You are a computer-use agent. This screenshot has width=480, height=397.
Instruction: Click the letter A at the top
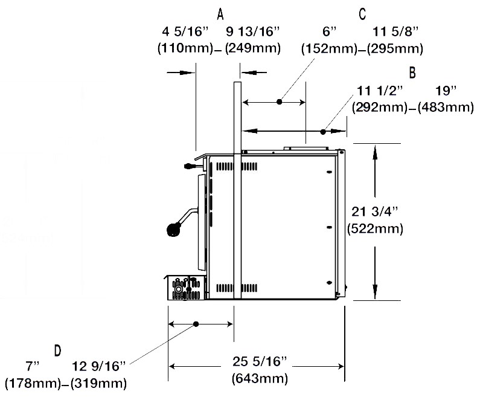220,14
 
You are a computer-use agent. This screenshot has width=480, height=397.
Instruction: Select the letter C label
362,14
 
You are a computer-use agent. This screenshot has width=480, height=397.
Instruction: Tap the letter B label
412,73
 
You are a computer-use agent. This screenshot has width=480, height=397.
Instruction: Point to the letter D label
57,350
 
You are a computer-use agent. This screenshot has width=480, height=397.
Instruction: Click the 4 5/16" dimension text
185,31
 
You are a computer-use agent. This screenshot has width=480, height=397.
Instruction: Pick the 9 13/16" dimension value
253,31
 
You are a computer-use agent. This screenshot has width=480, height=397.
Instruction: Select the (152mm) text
330,49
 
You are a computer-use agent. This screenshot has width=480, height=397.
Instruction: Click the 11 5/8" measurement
395,31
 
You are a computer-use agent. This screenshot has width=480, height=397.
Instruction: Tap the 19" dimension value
446,91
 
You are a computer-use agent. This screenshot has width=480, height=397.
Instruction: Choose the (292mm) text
380,108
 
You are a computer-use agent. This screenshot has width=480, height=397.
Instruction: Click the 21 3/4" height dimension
374,211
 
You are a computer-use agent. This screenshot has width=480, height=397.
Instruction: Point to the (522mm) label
375,229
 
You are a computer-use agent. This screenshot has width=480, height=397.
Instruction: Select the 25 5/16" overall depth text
260,361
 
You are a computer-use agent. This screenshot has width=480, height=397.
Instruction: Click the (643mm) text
260,379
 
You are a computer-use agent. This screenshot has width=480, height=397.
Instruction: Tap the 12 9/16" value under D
98,366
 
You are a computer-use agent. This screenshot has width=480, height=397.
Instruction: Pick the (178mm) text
33,384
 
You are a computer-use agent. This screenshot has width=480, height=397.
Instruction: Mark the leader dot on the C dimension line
279,102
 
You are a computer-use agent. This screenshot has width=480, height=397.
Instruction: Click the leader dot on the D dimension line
196,324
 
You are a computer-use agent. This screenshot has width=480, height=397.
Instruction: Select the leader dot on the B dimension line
323,132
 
